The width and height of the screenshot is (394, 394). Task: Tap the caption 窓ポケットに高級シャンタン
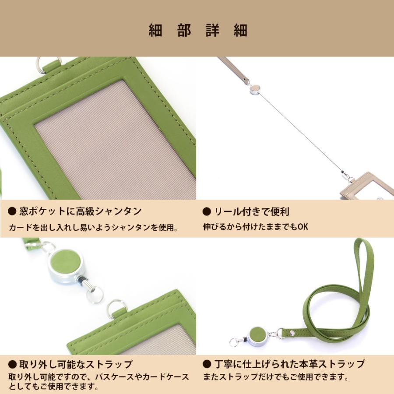(80, 211)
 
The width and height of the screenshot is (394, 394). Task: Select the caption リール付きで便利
(251, 212)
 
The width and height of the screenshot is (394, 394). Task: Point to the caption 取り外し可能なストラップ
(75, 364)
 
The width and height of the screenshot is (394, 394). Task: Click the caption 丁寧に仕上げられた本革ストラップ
(289, 364)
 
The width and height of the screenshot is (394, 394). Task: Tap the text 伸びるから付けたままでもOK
(256, 227)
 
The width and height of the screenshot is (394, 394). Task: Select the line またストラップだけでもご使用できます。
(275, 376)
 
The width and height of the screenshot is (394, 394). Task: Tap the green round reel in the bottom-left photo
(66, 262)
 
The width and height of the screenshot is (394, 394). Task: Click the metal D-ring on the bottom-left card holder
(116, 308)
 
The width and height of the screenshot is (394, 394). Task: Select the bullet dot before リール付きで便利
(207, 212)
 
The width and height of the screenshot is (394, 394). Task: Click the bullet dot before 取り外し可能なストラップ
(12, 364)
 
